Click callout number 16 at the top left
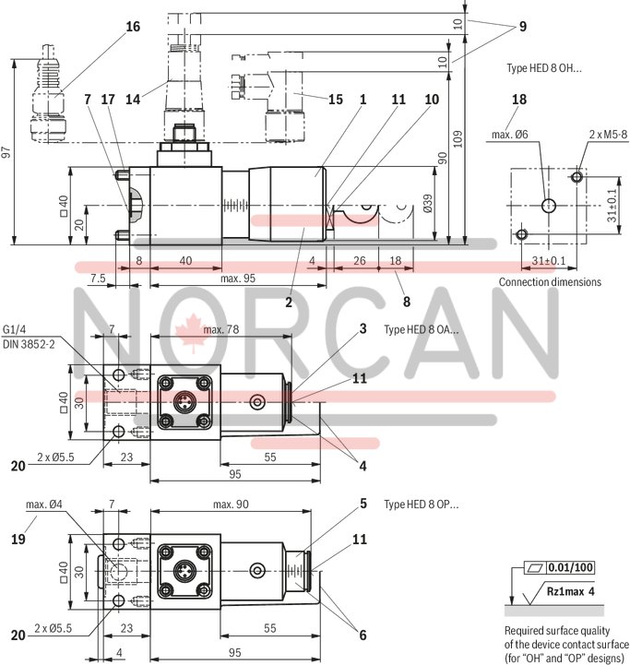[134, 27]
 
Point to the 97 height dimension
[7, 154]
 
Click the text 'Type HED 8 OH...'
[544, 68]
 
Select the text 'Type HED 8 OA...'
[421, 329]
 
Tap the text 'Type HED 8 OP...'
[421, 505]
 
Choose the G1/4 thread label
[17, 329]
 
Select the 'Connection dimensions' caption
[550, 281]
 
